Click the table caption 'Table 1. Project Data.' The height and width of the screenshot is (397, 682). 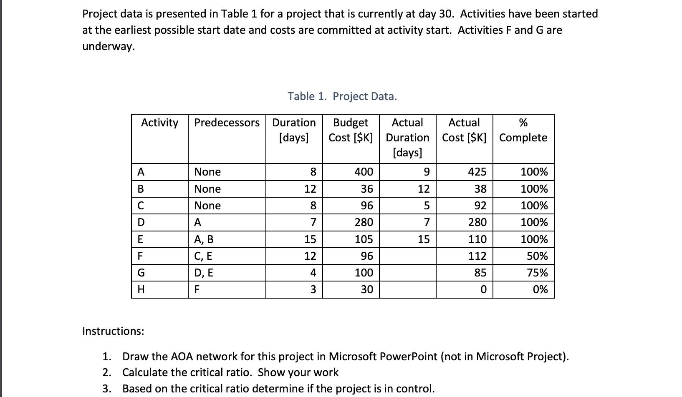pyautogui.click(x=342, y=96)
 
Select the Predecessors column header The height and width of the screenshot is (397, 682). pyautogui.click(x=227, y=123)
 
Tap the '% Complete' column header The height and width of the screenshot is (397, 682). pyautogui.click(x=523, y=130)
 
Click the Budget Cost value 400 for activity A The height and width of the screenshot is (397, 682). pyautogui.click(x=364, y=172)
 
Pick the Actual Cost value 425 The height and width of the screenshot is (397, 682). pyautogui.click(x=477, y=172)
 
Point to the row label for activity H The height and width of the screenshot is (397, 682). pyautogui.click(x=141, y=289)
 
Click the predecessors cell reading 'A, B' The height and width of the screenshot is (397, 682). pyautogui.click(x=204, y=239)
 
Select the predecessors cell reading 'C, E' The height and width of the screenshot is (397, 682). pyautogui.click(x=204, y=256)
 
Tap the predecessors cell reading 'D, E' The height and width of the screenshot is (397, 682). pyautogui.click(x=204, y=273)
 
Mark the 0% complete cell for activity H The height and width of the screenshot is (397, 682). pyautogui.click(x=540, y=289)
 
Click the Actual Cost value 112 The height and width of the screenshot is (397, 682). pyautogui.click(x=477, y=256)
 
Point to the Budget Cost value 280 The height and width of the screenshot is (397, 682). pyautogui.click(x=364, y=222)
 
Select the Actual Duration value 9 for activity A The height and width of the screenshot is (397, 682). pyautogui.click(x=426, y=172)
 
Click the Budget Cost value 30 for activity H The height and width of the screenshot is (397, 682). pyautogui.click(x=366, y=289)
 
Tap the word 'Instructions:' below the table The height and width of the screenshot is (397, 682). pyautogui.click(x=113, y=331)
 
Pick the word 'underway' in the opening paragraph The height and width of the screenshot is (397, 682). pyautogui.click(x=107, y=46)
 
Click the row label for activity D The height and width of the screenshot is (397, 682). pyautogui.click(x=141, y=222)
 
